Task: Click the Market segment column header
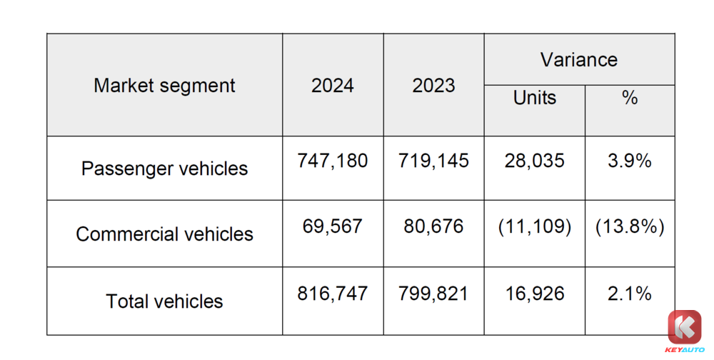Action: (164, 86)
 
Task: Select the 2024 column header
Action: (333, 86)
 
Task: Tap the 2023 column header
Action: (433, 86)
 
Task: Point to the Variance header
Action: (579, 60)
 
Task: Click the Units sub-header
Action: (535, 98)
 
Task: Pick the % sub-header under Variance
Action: (630, 98)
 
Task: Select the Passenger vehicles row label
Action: (164, 169)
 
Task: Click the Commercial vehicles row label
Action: (164, 234)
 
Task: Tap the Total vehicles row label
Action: (164, 301)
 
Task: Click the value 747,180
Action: (333, 161)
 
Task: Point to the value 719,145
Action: (433, 161)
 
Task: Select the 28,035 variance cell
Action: (535, 161)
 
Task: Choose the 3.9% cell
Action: (630, 161)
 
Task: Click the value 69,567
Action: (333, 226)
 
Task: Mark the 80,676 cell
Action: (433, 226)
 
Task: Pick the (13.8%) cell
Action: (630, 226)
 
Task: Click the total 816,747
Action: (333, 293)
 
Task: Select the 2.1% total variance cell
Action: (630, 293)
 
